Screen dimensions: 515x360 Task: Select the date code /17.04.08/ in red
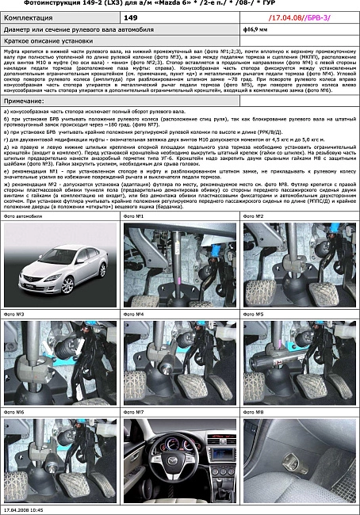(x=283, y=16)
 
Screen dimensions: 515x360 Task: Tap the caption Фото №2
(x=254, y=216)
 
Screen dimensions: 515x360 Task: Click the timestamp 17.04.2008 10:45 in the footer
(x=23, y=509)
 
